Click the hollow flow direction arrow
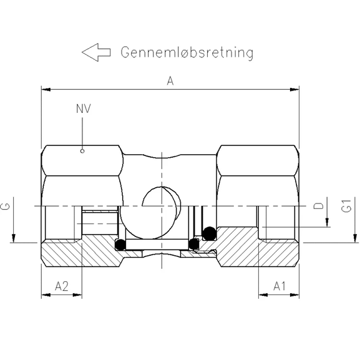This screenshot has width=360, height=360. click(95, 52)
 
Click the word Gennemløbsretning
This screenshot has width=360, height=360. click(187, 52)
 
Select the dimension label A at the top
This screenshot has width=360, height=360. click(170, 80)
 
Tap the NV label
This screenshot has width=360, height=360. click(83, 109)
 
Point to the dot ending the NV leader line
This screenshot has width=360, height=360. click(83, 150)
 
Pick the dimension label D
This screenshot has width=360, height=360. click(318, 206)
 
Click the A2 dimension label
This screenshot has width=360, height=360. click(61, 286)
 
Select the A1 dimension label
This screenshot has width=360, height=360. click(280, 286)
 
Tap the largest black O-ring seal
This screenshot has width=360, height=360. click(209, 233)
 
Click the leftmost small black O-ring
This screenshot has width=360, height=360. click(122, 243)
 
